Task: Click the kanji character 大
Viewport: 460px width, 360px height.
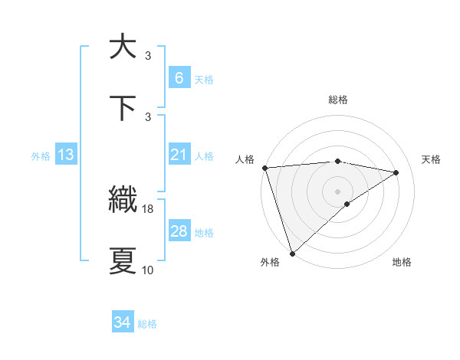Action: [x=123, y=47]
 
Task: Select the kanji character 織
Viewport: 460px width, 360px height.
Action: [x=123, y=200]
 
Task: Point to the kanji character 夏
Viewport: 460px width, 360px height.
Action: [x=123, y=261]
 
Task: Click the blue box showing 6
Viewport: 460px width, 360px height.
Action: [x=179, y=78]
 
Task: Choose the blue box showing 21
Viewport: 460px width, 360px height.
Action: [x=179, y=155]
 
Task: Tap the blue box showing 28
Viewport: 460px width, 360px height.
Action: [x=179, y=231]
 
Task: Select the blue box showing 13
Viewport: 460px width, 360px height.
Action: [x=66, y=155]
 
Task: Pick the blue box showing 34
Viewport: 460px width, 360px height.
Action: [x=123, y=322]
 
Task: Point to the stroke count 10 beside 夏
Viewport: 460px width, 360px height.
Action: [x=147, y=270]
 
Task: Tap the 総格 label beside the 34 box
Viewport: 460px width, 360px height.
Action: [x=147, y=324]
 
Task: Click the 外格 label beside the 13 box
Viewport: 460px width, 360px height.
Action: [x=41, y=155]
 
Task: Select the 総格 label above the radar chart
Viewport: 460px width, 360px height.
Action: [x=337, y=100]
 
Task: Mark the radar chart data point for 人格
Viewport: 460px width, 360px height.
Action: [x=264, y=168]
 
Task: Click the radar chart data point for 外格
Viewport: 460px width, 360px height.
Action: [x=292, y=253]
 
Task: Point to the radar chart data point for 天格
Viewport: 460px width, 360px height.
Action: [x=396, y=172]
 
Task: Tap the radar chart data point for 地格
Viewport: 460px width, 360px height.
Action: [x=347, y=204]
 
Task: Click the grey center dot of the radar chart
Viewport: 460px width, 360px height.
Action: [x=337, y=191]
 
